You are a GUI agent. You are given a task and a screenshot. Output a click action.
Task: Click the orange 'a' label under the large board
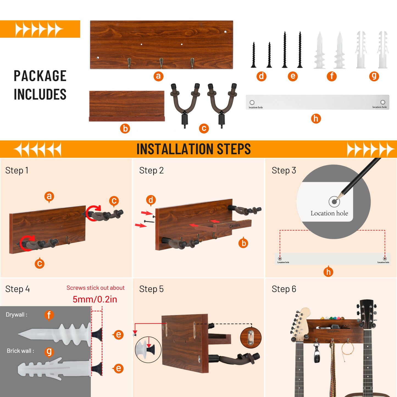[x=159, y=76]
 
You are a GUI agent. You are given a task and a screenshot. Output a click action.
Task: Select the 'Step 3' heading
[x=284, y=170]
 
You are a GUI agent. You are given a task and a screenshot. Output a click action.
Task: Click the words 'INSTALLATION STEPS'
[x=193, y=149]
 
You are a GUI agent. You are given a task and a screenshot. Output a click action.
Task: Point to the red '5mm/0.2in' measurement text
[x=95, y=299]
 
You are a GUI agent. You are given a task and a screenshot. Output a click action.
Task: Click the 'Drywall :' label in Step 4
[x=16, y=315]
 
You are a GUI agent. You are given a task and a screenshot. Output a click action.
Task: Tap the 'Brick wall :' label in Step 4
[x=20, y=351]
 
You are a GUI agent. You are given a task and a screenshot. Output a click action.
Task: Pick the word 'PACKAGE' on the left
[x=40, y=76]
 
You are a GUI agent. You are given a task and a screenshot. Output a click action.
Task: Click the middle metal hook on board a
[x=161, y=63]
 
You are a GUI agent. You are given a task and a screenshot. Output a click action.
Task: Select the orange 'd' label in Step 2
[x=151, y=200]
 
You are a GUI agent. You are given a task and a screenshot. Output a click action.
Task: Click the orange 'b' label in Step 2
[x=243, y=243]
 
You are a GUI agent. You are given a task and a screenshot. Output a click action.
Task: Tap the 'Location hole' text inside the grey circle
[x=329, y=213]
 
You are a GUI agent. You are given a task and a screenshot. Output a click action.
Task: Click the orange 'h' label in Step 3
[x=328, y=272]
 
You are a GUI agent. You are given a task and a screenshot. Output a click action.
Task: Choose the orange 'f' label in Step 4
[x=49, y=315]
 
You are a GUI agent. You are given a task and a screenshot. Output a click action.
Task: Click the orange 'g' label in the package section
[x=374, y=76]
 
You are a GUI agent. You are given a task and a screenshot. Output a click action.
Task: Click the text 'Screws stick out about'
[x=95, y=288]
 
